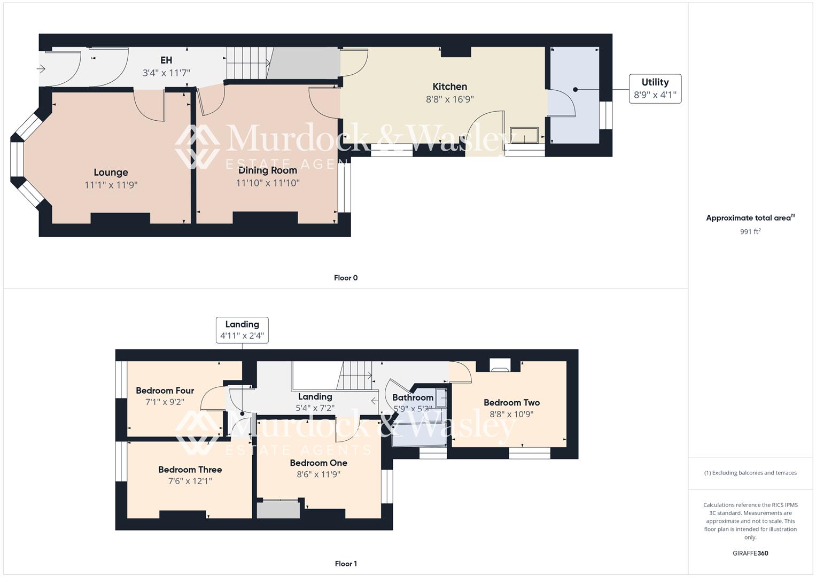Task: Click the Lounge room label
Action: click(x=111, y=172)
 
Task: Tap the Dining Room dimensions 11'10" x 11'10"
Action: click(x=268, y=183)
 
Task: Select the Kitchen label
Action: click(x=449, y=87)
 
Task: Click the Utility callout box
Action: click(x=655, y=89)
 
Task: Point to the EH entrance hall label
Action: click(x=166, y=60)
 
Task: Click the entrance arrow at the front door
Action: click(x=41, y=68)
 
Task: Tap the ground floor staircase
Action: click(x=247, y=63)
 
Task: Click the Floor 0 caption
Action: click(x=346, y=278)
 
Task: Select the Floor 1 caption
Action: click(x=346, y=564)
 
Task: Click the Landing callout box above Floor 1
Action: click(x=242, y=330)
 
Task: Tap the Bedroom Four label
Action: click(x=165, y=391)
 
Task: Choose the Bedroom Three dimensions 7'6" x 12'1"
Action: click(x=190, y=481)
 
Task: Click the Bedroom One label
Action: click(x=318, y=463)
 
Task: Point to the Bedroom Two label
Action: click(x=511, y=402)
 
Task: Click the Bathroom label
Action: click(x=413, y=397)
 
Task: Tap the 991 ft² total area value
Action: click(x=750, y=231)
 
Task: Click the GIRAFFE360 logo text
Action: click(x=750, y=553)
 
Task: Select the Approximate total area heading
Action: click(x=750, y=218)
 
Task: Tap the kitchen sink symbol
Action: click(x=524, y=136)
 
